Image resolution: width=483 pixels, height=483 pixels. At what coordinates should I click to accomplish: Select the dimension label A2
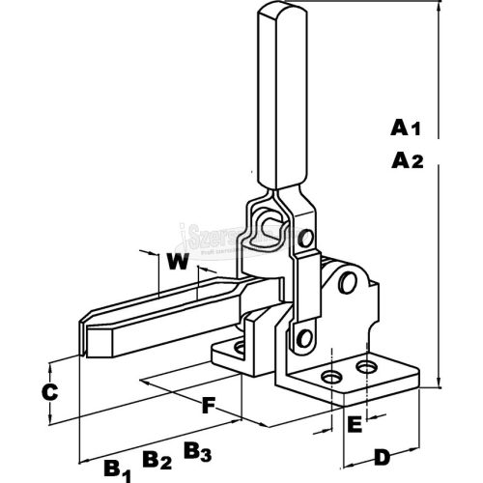409,161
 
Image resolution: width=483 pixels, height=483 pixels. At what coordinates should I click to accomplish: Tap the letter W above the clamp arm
176,262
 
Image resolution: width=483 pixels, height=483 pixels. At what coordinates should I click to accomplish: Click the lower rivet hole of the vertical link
305,337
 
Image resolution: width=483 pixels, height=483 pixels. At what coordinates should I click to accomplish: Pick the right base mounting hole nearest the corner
368,368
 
